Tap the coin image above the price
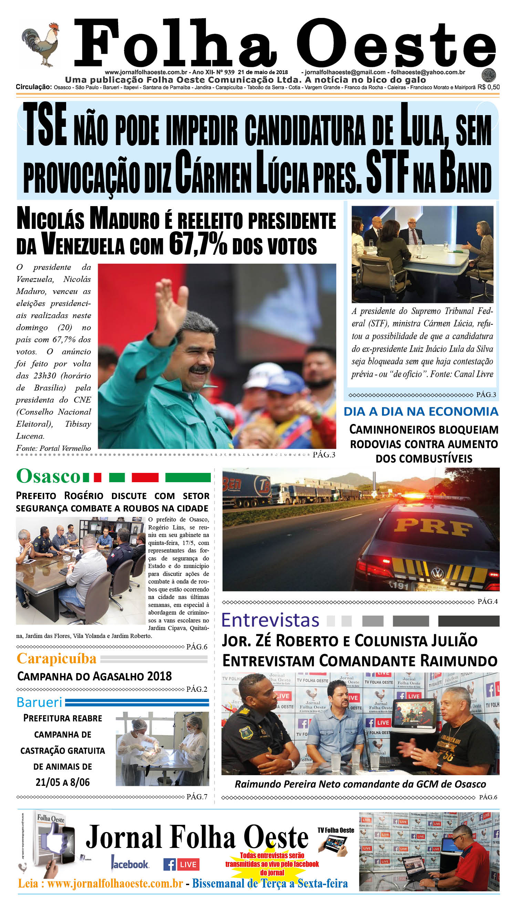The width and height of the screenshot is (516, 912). point(488,75)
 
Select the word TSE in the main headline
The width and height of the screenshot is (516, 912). point(45,125)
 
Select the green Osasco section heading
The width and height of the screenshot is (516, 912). point(48,476)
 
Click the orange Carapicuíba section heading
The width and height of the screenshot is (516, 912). point(57,658)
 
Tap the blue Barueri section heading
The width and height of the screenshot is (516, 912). point(39,702)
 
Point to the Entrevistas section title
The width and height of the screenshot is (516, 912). point(270,620)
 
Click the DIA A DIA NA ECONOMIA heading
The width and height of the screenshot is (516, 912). point(421,411)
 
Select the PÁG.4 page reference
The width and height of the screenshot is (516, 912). point(487,601)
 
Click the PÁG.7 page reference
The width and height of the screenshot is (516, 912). point(197,797)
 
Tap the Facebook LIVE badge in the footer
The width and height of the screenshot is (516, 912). point(181,864)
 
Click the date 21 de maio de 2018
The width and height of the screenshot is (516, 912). point(262,72)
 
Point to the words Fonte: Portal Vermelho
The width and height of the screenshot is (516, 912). point(53,448)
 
